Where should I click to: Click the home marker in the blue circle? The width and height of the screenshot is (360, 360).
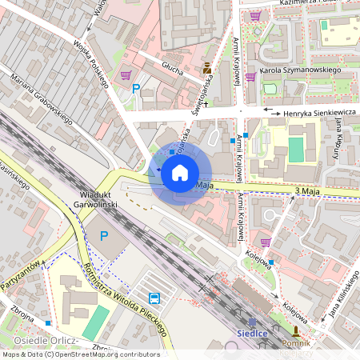point(180,172)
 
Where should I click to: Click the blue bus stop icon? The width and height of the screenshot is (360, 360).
point(153,298)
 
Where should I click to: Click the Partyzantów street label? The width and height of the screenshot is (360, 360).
point(20,276)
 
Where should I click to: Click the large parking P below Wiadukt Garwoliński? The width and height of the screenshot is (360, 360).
point(103,236)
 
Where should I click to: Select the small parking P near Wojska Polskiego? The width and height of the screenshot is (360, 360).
point(136,90)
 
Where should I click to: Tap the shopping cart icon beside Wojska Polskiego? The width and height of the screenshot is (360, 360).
point(126,75)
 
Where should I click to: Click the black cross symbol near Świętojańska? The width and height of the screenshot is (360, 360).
point(206,103)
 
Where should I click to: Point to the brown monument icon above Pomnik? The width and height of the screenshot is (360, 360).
point(296,330)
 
